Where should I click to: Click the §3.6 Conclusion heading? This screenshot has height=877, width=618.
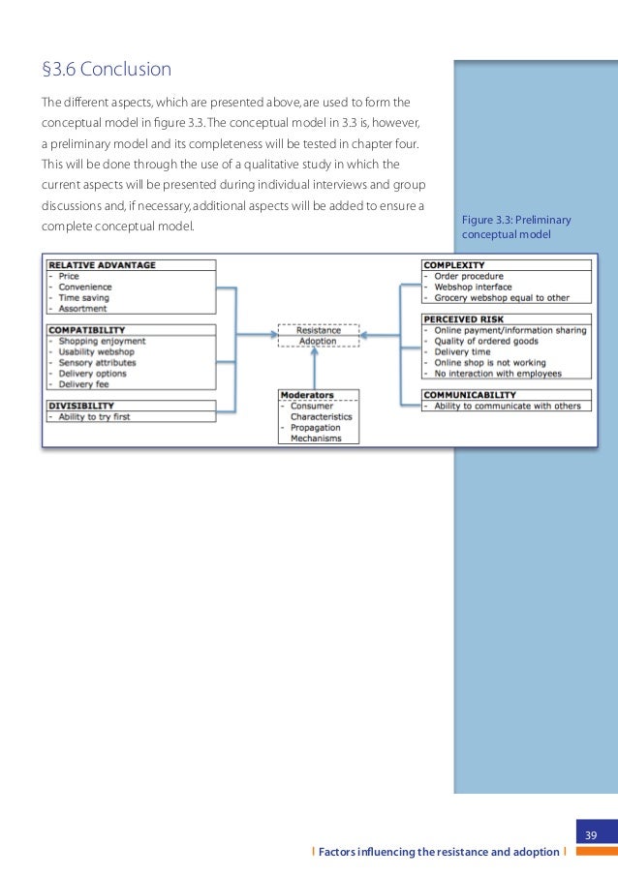[x=107, y=70]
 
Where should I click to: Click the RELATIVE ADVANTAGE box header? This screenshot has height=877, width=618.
[x=102, y=265]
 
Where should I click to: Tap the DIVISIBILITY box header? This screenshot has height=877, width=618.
[x=81, y=406]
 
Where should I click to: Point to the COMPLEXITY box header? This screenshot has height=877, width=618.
[x=454, y=265]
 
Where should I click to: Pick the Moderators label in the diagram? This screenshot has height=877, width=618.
[x=307, y=396]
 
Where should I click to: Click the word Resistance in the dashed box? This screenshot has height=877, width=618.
[x=319, y=330]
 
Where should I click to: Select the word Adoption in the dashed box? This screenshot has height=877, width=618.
[x=319, y=342]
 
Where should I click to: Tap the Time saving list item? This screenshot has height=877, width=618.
[x=84, y=298]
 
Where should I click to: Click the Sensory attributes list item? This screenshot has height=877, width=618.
[x=98, y=363]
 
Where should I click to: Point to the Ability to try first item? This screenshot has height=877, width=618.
[x=94, y=417]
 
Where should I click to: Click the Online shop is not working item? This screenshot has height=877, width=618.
[x=489, y=362]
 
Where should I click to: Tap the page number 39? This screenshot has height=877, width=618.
[x=590, y=835]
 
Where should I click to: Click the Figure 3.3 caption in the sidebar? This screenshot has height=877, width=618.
[x=516, y=227]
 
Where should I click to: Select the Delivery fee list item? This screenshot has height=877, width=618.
[x=84, y=384]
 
